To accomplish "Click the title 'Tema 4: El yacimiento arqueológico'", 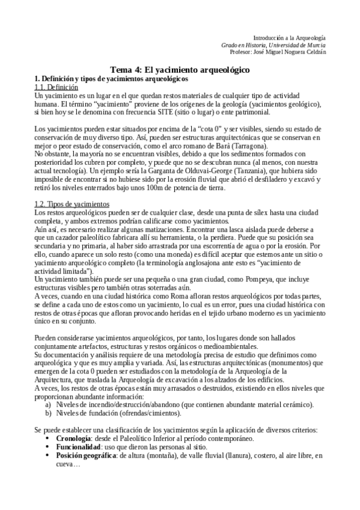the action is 180,70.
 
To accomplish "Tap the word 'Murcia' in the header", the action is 316,45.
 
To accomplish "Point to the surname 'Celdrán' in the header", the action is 315,52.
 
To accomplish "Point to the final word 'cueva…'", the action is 69,464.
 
